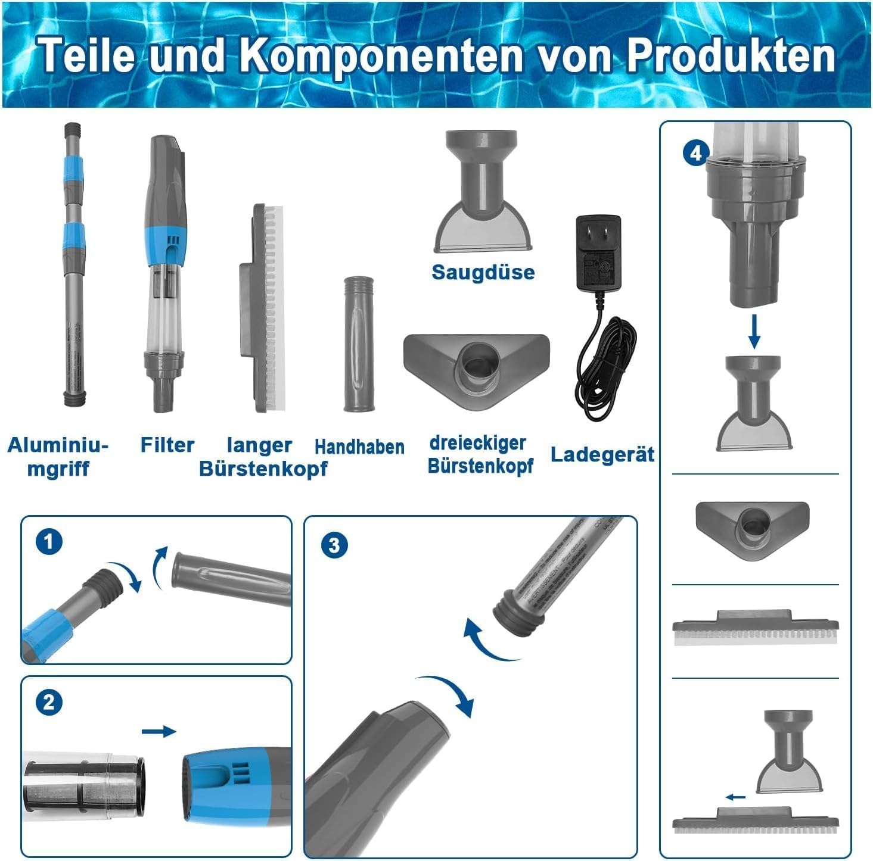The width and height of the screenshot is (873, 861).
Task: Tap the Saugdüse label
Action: click(483, 272)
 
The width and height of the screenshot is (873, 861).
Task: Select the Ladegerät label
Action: click(602, 454)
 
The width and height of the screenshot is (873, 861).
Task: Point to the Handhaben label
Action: click(359, 447)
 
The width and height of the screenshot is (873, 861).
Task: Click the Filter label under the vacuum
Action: click(167, 445)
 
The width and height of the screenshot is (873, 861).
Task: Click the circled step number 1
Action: click(49, 542)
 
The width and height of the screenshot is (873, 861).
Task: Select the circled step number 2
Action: click(49, 702)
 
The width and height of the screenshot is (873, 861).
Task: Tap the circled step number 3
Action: click(334, 545)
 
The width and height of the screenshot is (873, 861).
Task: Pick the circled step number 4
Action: click(695, 153)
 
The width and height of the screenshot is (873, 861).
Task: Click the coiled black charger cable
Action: click(605, 369)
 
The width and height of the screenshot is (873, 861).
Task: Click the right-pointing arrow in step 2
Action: click(159, 731)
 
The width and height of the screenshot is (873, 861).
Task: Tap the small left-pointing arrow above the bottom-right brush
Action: click(735, 797)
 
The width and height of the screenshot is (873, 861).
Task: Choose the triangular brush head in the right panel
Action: click(753, 528)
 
